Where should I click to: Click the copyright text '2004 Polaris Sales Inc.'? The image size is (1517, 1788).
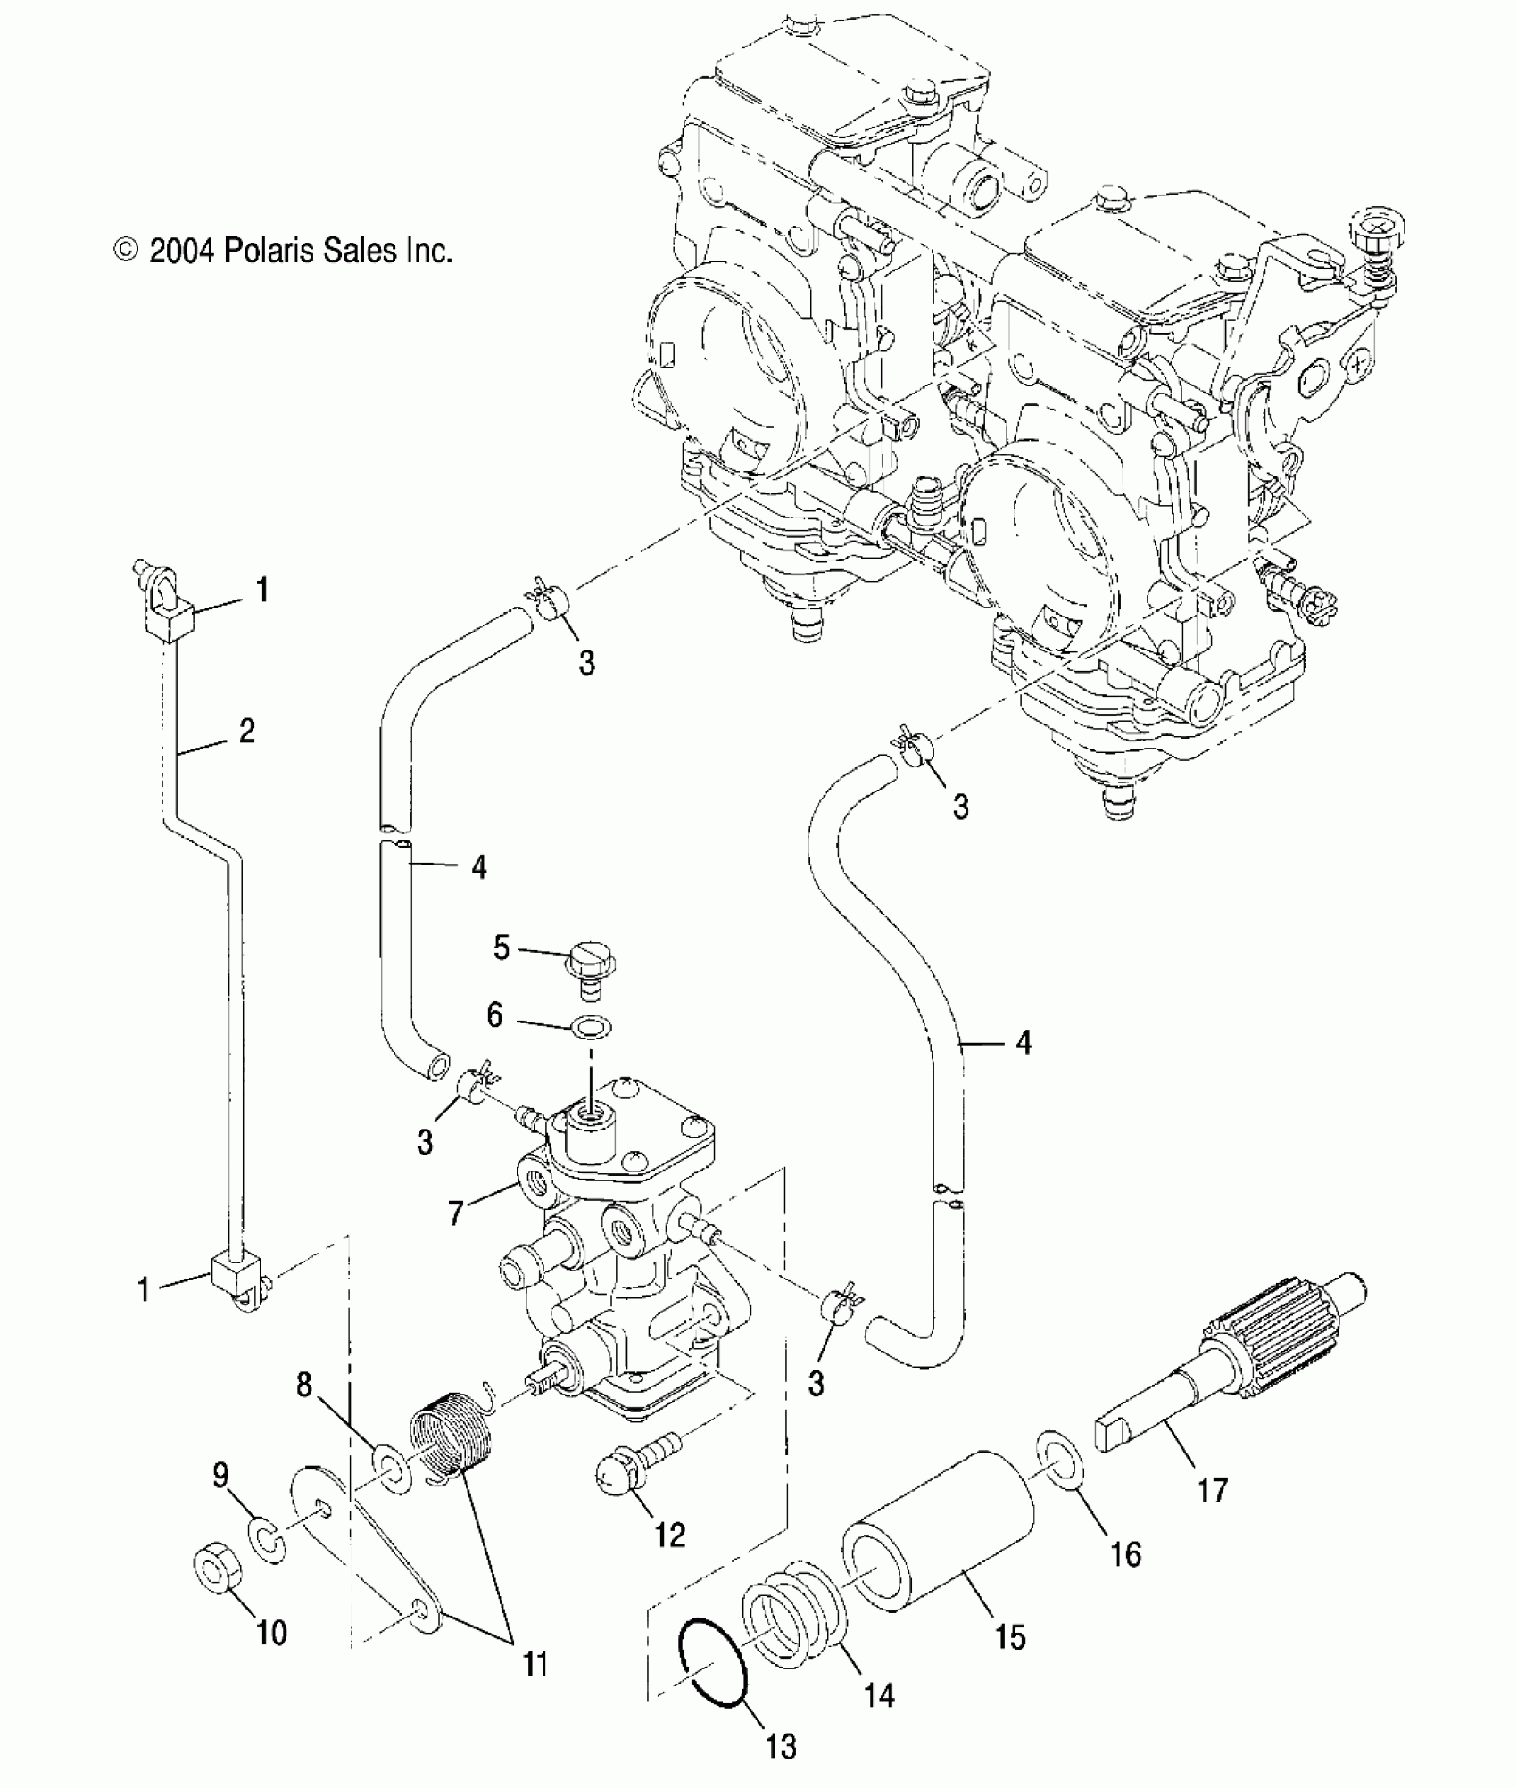tap(284, 250)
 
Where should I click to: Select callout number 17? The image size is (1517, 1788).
tap(1213, 1489)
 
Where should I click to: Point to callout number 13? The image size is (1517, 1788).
tap(781, 1746)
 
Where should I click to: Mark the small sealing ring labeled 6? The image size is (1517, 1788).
tap(592, 1027)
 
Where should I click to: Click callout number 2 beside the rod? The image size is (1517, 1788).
tap(246, 731)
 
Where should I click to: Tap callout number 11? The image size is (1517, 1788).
tap(534, 1663)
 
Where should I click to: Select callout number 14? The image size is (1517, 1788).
tap(879, 1693)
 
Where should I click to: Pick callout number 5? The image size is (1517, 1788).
tap(502, 948)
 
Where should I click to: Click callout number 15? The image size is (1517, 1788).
tap(1010, 1636)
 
